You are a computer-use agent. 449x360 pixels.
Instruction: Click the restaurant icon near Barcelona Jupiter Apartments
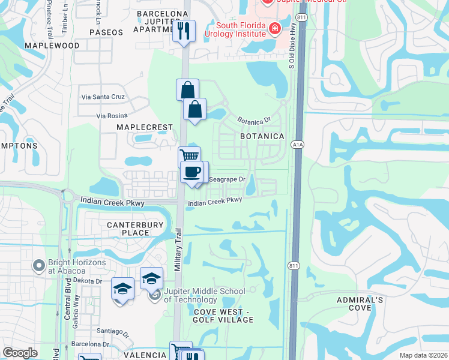(x=184, y=30)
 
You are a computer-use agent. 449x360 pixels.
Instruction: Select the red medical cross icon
(x=274, y=28)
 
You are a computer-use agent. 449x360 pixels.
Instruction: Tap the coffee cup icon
(x=191, y=172)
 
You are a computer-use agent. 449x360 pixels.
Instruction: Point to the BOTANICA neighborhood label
(x=262, y=136)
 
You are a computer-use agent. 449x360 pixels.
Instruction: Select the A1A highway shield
(x=297, y=144)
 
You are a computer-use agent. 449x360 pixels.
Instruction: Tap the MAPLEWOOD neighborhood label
(x=52, y=46)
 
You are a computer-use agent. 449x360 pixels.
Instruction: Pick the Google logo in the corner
(x=20, y=353)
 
